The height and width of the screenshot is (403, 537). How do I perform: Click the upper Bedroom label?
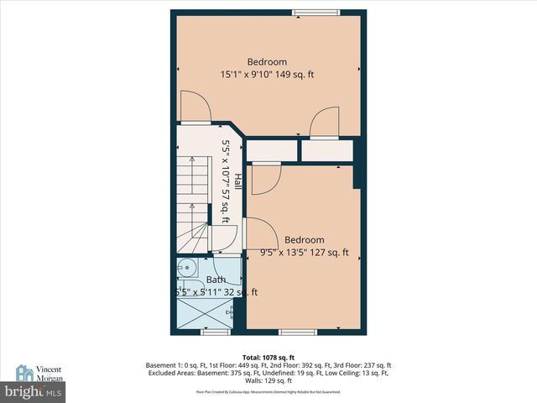267,62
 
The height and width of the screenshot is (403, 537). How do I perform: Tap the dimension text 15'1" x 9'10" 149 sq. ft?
267,75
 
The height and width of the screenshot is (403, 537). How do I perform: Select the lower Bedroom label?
304,240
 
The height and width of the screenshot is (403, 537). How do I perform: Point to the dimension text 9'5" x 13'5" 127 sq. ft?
304,253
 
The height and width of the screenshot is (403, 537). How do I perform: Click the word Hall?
238,181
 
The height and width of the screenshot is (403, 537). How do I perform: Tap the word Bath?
216,280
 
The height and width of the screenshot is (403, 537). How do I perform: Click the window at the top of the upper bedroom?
305,12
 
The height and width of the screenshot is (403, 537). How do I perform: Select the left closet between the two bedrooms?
271,150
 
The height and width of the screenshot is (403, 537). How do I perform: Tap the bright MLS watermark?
34,392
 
